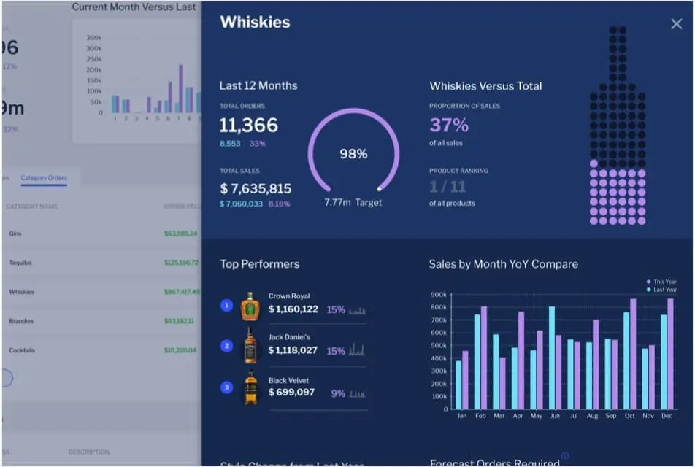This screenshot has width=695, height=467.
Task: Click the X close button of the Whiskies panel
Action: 676,24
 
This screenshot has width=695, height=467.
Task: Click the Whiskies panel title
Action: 255,22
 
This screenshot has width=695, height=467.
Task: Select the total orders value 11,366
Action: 248,125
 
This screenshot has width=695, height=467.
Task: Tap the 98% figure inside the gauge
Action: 353,154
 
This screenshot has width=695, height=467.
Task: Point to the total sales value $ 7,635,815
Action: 256,188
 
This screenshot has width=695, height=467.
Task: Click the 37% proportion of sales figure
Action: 448,125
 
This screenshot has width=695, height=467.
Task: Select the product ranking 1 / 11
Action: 448,187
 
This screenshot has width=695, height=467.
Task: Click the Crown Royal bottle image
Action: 250,307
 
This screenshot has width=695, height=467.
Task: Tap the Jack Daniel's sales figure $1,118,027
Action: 293,350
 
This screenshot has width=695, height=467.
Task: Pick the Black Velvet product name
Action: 288,380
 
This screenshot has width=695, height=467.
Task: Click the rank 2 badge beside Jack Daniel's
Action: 227,346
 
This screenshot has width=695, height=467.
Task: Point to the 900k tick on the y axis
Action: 439,295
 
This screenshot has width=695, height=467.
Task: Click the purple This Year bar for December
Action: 670,354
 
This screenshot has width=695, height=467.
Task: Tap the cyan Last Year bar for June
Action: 552,358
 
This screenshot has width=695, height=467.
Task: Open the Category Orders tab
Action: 44,178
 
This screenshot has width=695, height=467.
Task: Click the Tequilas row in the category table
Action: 20,263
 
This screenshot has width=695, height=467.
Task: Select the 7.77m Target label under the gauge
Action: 353,202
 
